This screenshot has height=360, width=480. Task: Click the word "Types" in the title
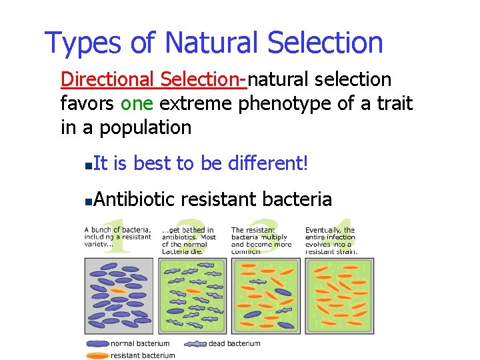83,43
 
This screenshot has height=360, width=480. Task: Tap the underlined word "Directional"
107,79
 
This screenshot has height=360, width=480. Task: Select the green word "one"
137,103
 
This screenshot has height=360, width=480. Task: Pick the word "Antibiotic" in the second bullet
134,199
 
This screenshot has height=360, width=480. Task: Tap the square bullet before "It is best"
89,164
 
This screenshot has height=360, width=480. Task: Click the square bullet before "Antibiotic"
89,200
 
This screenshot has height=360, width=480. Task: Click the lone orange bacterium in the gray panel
119,291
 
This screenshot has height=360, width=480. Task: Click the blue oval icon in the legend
97,344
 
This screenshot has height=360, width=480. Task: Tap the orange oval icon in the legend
97,355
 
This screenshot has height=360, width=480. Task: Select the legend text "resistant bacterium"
143,355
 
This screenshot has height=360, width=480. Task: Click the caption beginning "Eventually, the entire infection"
331,241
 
